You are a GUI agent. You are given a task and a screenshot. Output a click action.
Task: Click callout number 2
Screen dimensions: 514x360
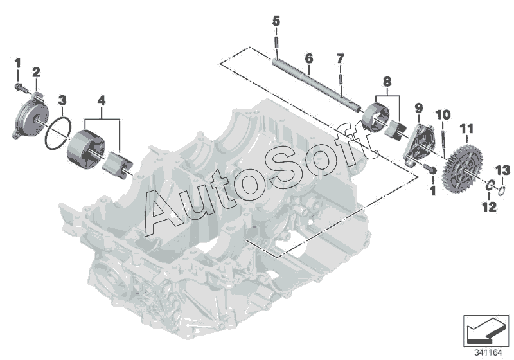(x=36, y=71)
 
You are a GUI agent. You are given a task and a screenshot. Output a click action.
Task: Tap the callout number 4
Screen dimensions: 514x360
(x=101, y=101)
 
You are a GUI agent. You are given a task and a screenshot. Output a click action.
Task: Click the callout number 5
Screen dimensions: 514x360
(x=276, y=21)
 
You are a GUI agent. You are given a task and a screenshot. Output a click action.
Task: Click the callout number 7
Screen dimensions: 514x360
(x=341, y=60)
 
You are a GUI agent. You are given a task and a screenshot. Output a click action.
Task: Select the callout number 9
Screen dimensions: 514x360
(x=418, y=107)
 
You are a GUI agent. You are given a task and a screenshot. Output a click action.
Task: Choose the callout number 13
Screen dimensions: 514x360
(x=504, y=170)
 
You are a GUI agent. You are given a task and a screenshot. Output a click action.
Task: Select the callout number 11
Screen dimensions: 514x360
(x=466, y=129)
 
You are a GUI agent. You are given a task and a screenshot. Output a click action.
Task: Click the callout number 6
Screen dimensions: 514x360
(x=308, y=58)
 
